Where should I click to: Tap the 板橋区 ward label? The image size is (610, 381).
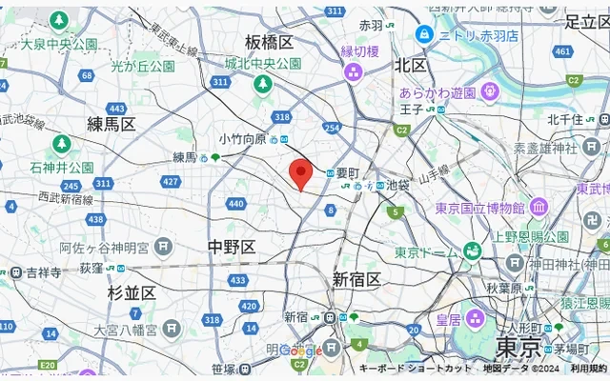[x=269, y=42]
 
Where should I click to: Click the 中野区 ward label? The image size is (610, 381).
[x=232, y=248]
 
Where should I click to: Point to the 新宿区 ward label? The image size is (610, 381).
[x=356, y=279]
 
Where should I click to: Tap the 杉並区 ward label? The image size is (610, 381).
[x=132, y=292]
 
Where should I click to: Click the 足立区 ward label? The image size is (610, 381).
[x=585, y=21]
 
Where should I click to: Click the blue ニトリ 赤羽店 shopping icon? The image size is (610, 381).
[x=424, y=34]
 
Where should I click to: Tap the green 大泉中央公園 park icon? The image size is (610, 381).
[x=59, y=20]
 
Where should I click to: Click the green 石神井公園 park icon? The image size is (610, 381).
[x=61, y=144]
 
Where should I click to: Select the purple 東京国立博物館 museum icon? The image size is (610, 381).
[x=539, y=207]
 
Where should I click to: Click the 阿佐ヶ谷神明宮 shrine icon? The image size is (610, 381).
[x=165, y=247]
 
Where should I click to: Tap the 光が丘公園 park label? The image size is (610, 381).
[x=143, y=67]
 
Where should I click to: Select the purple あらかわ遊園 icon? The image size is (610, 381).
[x=489, y=93]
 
